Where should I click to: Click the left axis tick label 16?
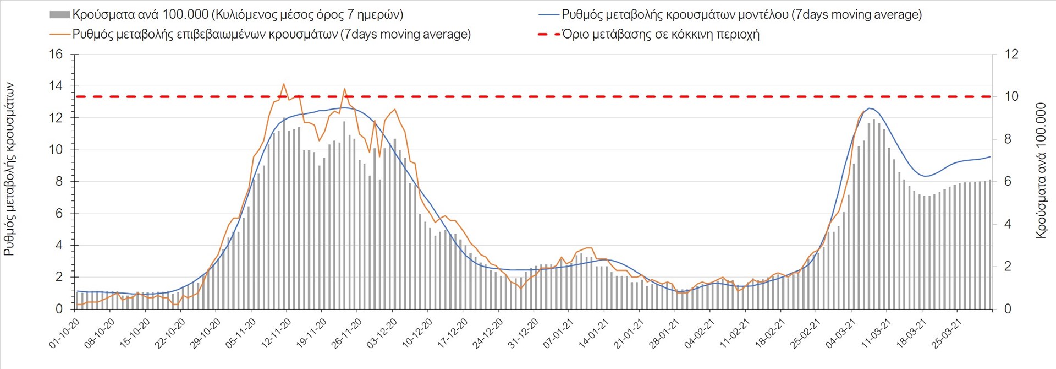(x=56, y=54)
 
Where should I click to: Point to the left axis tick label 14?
(x=56, y=86)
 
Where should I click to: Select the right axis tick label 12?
(x=1011, y=54)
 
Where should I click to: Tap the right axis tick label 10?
(x=1011, y=96)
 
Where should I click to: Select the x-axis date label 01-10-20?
(x=64, y=334)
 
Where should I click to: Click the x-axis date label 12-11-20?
(x=276, y=334)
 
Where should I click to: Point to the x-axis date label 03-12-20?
(x=382, y=334)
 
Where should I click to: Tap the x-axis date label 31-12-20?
(x=522, y=334)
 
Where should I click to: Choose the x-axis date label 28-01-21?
(x=664, y=334)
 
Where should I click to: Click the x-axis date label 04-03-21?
(x=840, y=334)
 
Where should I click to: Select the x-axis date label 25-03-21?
(x=947, y=334)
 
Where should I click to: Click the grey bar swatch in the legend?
(x=59, y=15)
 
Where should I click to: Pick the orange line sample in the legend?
(x=59, y=34)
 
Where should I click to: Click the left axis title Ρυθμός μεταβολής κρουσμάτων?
(x=9, y=169)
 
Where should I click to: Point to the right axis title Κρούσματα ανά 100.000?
(x=1041, y=170)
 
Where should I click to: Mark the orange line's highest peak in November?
(x=284, y=84)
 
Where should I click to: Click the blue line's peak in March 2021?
(x=870, y=108)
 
